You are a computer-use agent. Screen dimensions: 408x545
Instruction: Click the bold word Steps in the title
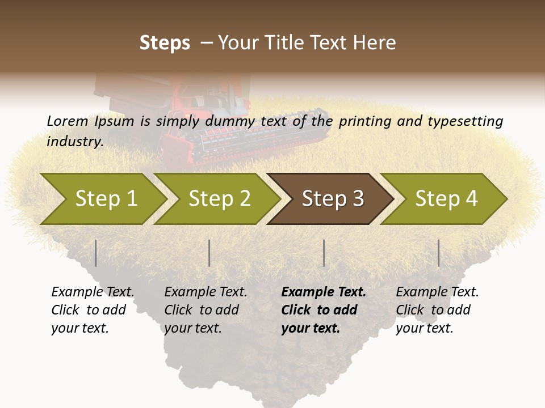[165, 43]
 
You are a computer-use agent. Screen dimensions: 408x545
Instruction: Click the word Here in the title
[375, 43]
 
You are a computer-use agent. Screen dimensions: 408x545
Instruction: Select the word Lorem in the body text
[68, 121]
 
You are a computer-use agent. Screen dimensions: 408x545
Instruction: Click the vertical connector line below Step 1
[96, 253]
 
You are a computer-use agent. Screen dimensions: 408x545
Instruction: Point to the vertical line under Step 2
[209, 253]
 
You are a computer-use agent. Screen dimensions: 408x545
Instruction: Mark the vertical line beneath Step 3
[324, 253]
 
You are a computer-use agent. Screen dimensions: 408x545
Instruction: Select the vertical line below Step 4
[438, 253]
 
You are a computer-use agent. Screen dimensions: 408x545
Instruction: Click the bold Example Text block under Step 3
[324, 310]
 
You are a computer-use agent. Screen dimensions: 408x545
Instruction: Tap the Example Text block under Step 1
[93, 310]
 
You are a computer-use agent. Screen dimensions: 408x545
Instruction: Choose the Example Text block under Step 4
[437, 310]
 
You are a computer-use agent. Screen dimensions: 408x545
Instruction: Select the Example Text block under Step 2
[206, 310]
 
